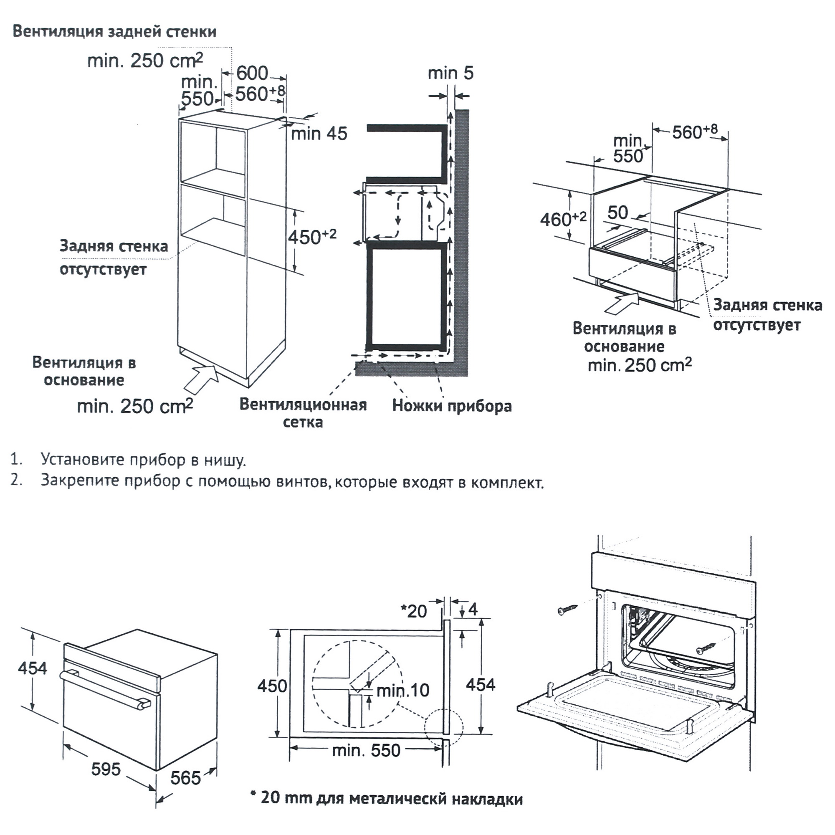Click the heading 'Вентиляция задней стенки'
114,33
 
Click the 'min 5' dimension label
450,73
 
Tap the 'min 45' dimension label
319,134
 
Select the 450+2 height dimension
311,236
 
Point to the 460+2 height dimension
563,219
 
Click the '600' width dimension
252,73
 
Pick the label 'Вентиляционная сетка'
303,413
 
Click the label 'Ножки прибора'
452,406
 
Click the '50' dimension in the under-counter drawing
617,212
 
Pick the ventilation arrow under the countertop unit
622,303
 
